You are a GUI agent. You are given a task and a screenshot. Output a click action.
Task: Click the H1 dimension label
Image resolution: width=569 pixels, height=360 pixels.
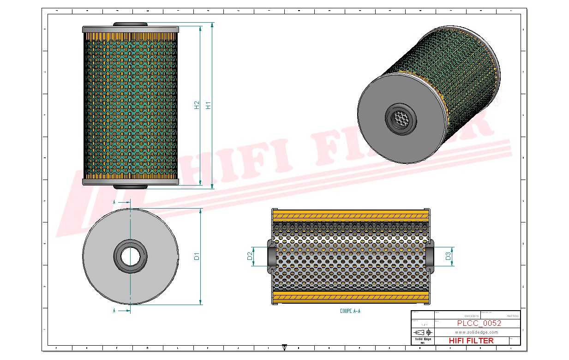(208, 105)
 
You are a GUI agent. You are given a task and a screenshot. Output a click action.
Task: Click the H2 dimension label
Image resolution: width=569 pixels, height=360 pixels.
(197, 105)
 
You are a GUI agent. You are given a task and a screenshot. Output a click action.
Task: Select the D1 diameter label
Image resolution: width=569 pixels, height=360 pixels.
(197, 257)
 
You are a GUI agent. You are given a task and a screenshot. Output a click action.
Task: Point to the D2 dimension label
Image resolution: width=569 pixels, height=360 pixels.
(250, 256)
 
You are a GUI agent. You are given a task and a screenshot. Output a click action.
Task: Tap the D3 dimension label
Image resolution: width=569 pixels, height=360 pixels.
(448, 256)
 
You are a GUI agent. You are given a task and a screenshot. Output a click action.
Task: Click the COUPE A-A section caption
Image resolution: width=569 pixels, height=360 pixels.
(350, 311)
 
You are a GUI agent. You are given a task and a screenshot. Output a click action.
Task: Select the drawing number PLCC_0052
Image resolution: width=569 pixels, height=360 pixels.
(479, 323)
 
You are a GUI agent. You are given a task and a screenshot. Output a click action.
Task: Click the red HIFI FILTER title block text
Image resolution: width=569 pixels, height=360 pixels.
(471, 341)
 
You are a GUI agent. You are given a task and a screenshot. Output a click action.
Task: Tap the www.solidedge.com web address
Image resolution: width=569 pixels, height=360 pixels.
(477, 332)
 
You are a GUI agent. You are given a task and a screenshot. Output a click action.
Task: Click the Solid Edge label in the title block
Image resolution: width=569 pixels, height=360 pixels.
(422, 339)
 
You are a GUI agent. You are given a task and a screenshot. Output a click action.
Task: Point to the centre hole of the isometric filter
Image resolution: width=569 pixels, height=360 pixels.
(400, 120)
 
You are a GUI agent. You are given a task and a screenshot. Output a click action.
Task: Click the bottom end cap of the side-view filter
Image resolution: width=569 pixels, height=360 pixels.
(131, 182)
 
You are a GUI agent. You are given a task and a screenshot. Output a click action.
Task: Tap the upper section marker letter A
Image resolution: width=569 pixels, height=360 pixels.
(114, 202)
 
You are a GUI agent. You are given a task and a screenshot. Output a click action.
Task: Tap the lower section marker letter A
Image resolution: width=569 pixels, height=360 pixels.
(114, 311)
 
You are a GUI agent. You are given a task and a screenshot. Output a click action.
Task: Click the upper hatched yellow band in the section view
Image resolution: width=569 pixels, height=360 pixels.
(351, 215)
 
